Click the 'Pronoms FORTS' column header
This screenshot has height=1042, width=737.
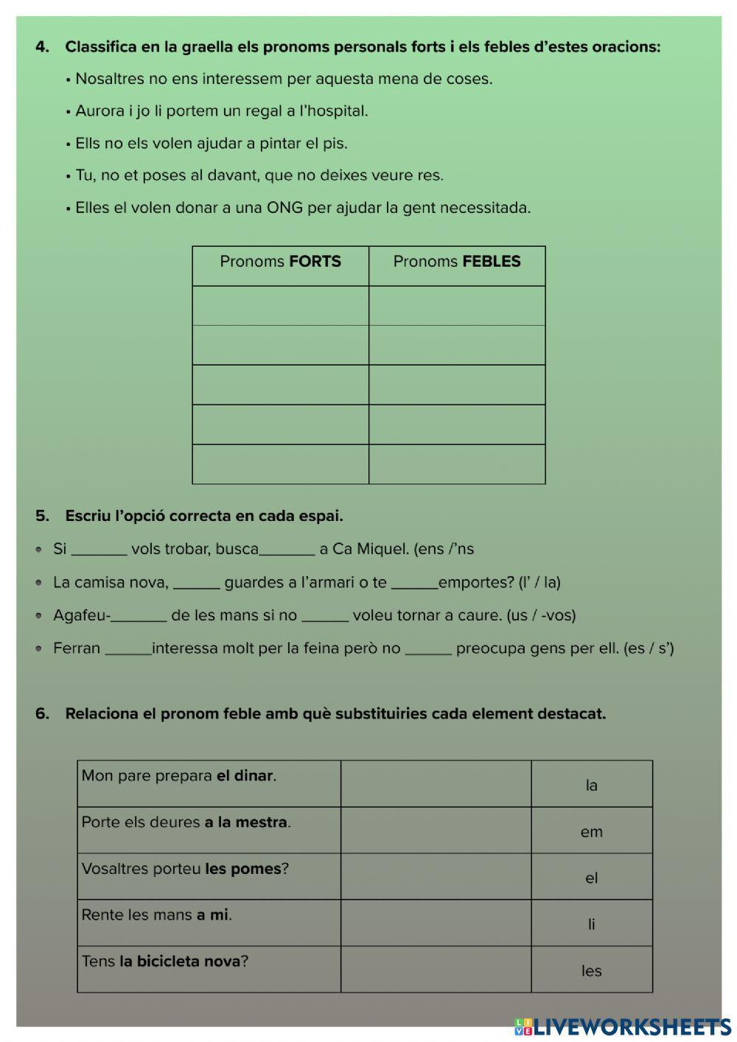pyautogui.click(x=280, y=262)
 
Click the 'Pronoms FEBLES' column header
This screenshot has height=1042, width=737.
pyautogui.click(x=457, y=262)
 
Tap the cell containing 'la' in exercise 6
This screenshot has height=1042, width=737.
pyautogui.click(x=591, y=785)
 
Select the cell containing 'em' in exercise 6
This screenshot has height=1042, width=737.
pyautogui.click(x=591, y=831)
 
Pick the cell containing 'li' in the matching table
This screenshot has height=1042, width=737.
pyautogui.click(x=591, y=924)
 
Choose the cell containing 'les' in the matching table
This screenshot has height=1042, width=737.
pyautogui.click(x=591, y=971)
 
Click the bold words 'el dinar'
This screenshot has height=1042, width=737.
pyautogui.click(x=244, y=776)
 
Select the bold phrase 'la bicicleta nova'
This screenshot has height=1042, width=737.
pyautogui.click(x=180, y=962)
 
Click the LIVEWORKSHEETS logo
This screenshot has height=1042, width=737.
pyautogui.click(x=623, y=1027)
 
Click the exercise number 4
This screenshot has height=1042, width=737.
pyautogui.click(x=42, y=47)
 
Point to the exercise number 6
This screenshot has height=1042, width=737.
pyautogui.click(x=42, y=714)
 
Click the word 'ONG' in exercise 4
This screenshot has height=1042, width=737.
pyautogui.click(x=284, y=208)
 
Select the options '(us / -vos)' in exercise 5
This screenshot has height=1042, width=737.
pyautogui.click(x=541, y=615)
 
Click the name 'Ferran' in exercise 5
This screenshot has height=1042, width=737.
pyautogui.click(x=77, y=648)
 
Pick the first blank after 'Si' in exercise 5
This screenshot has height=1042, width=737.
pyautogui.click(x=99, y=550)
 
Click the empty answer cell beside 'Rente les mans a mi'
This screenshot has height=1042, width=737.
pyautogui.click(x=436, y=923)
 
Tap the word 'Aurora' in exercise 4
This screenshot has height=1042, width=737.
pyautogui.click(x=99, y=111)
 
